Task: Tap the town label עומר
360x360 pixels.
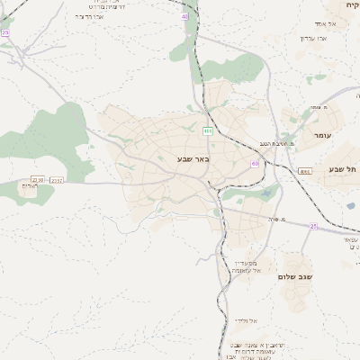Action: tap(323, 135)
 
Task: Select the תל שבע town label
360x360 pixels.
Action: tap(343, 168)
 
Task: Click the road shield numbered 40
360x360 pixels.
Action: tap(184, 16)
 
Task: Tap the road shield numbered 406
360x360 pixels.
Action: tap(208, 131)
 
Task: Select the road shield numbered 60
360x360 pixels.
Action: tap(256, 163)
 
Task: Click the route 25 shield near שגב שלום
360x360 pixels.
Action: tap(313, 226)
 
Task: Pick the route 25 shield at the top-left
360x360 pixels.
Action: tap(5, 32)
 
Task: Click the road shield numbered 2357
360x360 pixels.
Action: tap(58, 180)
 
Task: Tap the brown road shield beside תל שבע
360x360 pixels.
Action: tap(305, 170)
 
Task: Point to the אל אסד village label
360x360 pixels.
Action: tap(326, 23)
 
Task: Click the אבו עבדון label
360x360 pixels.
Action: tap(318, 38)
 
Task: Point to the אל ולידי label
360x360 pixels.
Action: tap(247, 320)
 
